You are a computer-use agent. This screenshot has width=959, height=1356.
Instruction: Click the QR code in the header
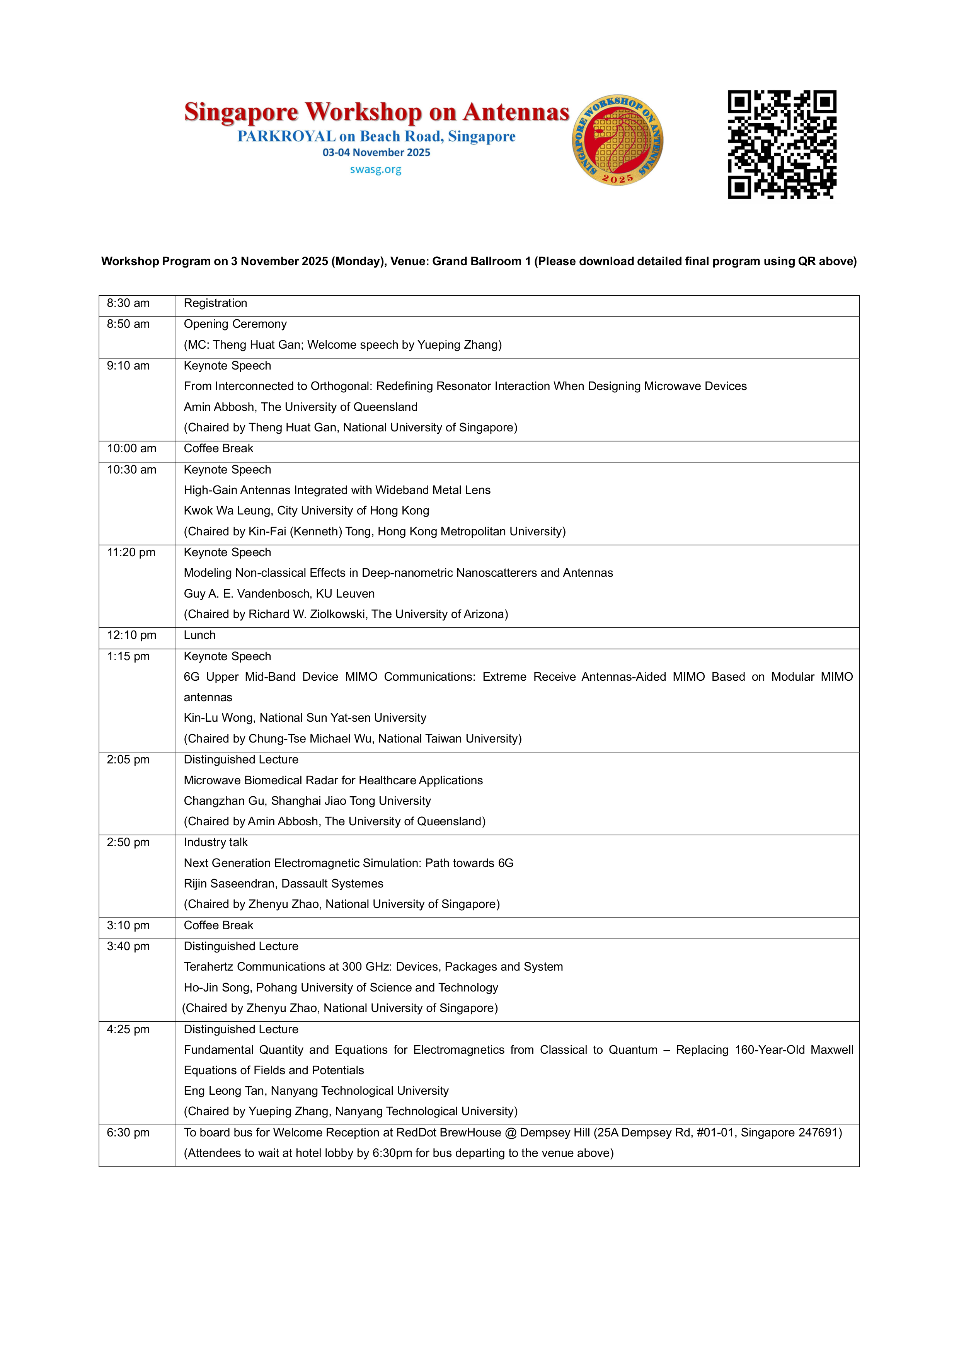click(x=782, y=144)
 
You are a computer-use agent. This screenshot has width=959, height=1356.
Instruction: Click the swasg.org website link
click(x=376, y=169)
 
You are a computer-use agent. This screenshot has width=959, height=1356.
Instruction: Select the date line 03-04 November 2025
click(x=376, y=152)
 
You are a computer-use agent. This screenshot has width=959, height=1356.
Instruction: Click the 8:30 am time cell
click(x=128, y=303)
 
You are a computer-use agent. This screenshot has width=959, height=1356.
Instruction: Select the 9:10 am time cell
click(x=128, y=366)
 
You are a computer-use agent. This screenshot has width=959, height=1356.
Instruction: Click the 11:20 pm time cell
click(x=131, y=553)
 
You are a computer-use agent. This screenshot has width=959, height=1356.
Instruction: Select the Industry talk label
click(x=216, y=843)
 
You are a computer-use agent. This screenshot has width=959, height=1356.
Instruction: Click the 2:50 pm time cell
click(x=128, y=843)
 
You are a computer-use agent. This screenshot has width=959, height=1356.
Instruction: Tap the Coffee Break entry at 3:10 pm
click(x=218, y=925)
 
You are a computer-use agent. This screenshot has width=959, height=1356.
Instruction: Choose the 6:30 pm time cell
click(x=128, y=1133)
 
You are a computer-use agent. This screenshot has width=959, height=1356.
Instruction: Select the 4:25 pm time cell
click(x=128, y=1029)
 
